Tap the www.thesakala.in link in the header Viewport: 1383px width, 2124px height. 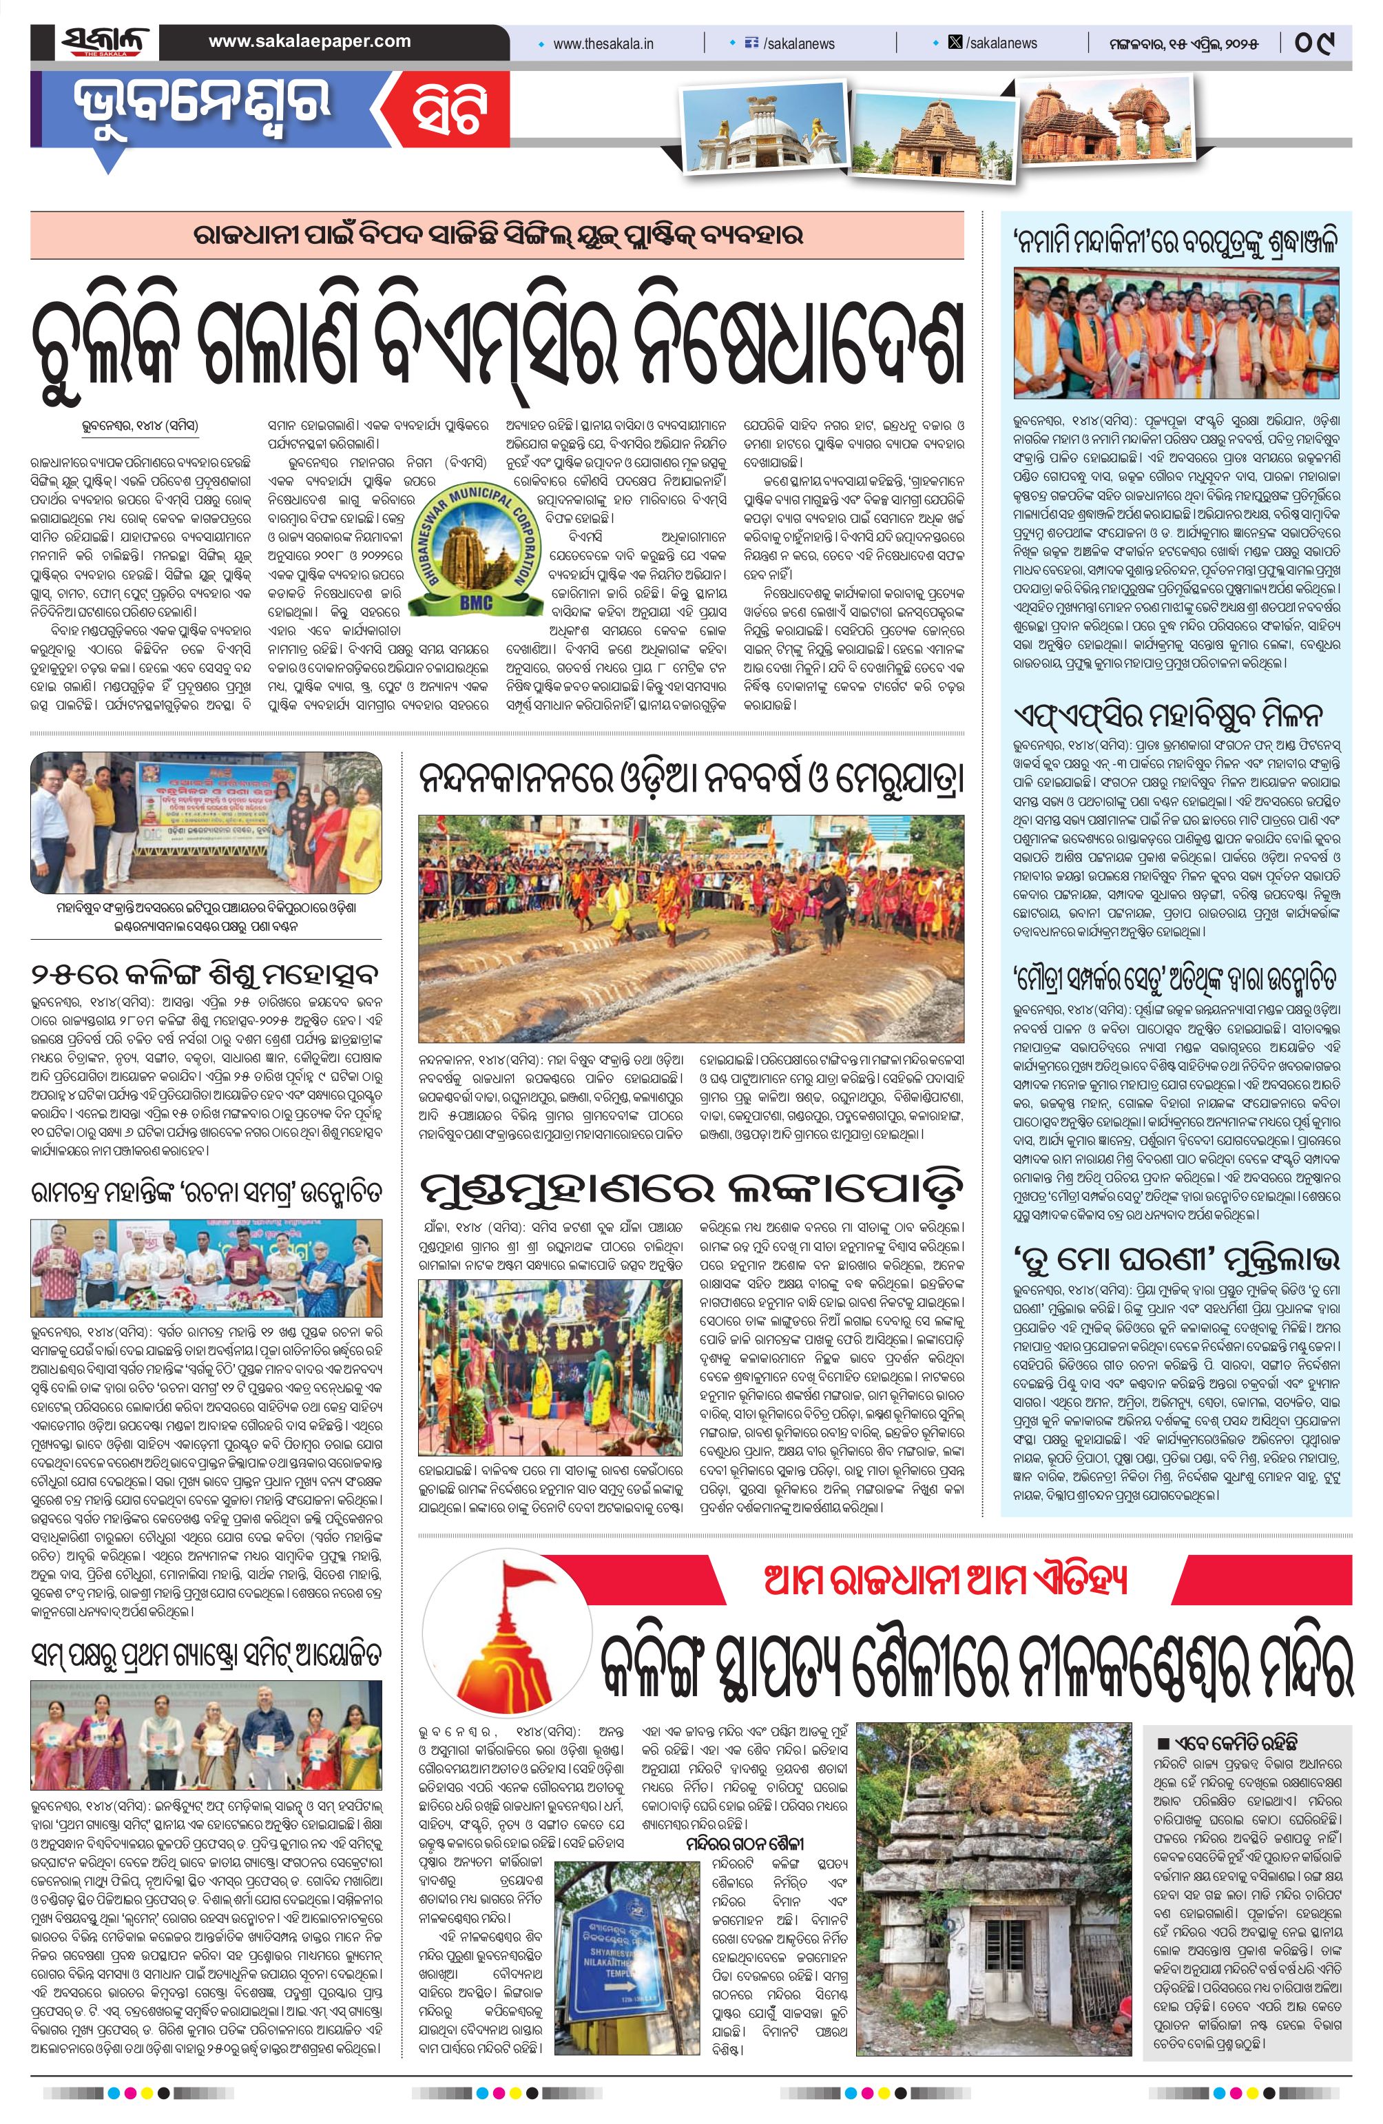pyautogui.click(x=603, y=43)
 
